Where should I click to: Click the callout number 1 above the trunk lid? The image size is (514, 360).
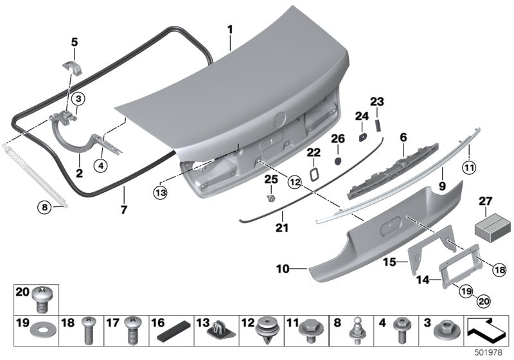[231, 29]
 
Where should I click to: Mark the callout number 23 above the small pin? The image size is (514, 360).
[377, 102]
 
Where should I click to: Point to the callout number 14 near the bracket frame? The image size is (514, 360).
[440, 280]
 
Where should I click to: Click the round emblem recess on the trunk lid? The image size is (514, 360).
[279, 120]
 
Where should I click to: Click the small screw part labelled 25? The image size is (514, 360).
[271, 190]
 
